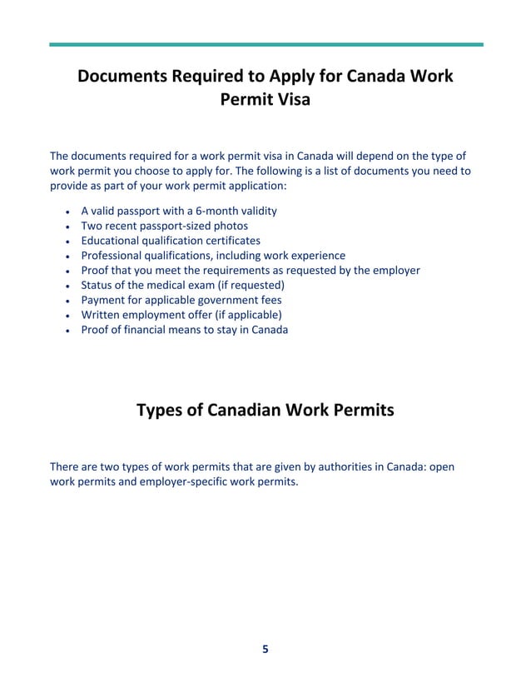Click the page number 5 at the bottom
click(265, 650)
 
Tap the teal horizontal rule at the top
click(265, 44)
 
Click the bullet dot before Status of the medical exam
click(67, 287)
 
